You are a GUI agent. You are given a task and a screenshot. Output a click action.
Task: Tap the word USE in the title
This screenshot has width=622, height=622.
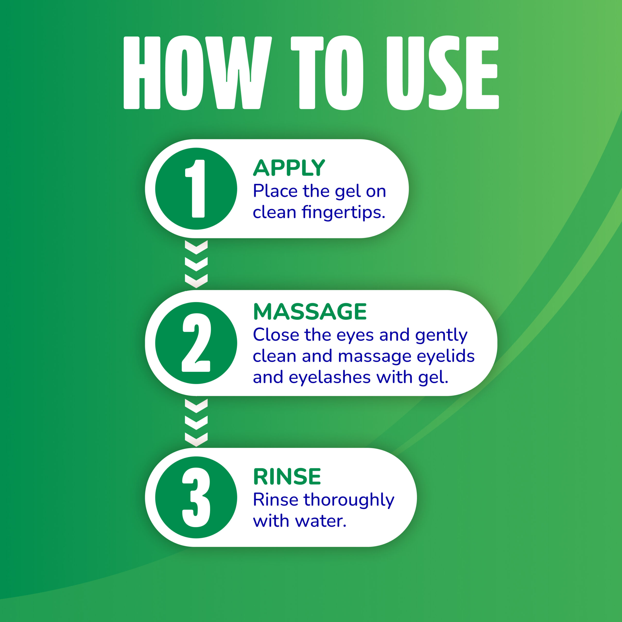442,73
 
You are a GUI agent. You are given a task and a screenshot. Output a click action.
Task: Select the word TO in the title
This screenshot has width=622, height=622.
327,73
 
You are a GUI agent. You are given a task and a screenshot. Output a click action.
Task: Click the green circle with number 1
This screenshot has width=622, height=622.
196,189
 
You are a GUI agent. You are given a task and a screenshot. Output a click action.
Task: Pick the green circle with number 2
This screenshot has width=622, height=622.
196,343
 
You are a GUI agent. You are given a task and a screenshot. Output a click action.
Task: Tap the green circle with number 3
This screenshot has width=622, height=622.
196,497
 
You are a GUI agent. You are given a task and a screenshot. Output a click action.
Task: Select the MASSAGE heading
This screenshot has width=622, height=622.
310,312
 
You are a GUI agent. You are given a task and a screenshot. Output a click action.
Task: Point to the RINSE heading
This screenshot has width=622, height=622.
287,476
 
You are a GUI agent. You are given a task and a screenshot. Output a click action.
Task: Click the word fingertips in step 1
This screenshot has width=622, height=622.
343,213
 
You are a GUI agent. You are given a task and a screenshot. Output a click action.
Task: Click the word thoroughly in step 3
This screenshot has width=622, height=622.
349,500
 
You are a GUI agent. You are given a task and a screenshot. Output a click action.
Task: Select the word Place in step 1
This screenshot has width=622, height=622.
275,191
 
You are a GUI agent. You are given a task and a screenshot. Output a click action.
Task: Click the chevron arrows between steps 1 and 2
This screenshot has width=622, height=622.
196,264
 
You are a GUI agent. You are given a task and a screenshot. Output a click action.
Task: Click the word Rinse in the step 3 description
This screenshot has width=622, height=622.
276,500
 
